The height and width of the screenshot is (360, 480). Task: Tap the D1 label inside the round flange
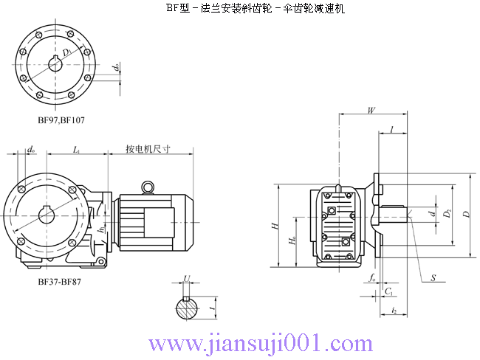(x=67, y=52)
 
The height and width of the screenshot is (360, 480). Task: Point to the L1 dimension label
(x=77, y=150)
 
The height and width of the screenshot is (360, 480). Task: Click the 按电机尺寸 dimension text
(x=148, y=149)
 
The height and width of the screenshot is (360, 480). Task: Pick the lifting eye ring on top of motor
(x=149, y=187)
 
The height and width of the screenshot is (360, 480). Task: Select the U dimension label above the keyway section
(x=186, y=280)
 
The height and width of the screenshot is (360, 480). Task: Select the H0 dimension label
(x=293, y=240)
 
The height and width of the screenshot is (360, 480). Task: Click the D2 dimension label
(x=448, y=215)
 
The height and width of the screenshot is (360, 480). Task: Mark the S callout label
(x=433, y=278)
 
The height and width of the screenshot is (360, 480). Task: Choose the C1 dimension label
(x=388, y=291)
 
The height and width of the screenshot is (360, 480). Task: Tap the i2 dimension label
(x=395, y=311)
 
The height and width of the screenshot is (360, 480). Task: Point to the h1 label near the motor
(x=101, y=230)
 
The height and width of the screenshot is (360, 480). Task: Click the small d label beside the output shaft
(x=432, y=214)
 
